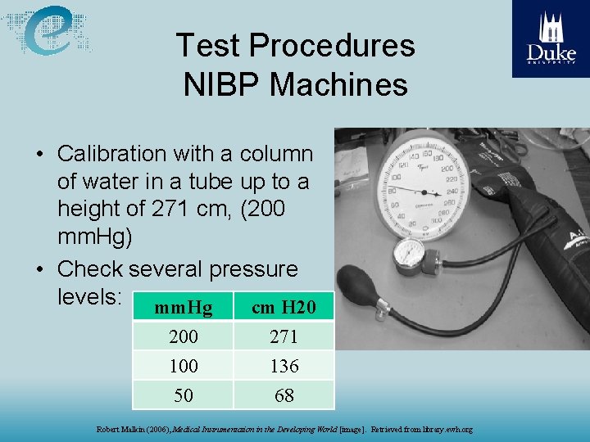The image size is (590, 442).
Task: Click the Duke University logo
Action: [551, 38]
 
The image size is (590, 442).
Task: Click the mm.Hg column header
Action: [184, 308]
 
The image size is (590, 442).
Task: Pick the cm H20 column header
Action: [284, 308]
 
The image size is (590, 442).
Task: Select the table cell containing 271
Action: [284, 336]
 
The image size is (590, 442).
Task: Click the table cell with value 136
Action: [284, 366]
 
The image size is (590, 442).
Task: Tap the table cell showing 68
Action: [284, 395]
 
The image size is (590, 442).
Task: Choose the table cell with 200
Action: [184, 336]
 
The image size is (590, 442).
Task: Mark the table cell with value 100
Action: [184, 366]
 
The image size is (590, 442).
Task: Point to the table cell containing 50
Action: [184, 395]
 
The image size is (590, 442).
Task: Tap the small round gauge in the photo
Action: [408, 255]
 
